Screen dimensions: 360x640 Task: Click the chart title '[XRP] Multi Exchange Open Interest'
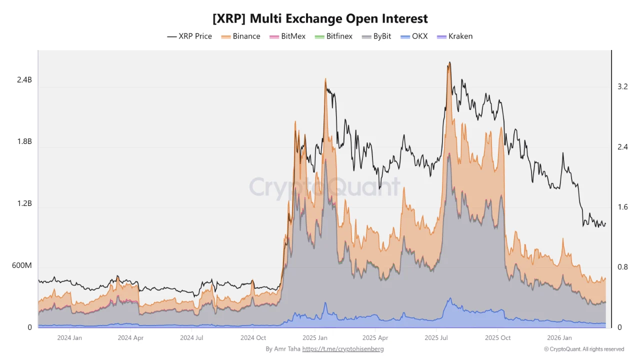click(320, 18)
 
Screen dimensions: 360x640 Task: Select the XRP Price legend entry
click(189, 36)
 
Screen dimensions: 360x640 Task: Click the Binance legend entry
click(240, 36)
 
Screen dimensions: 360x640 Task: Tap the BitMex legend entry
click(287, 36)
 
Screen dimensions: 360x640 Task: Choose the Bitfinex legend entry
click(333, 36)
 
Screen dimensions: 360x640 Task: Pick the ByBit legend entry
click(376, 36)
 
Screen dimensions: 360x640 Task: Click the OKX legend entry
click(414, 36)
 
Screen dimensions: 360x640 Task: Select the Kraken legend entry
click(454, 36)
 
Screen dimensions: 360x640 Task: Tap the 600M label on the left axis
click(22, 265)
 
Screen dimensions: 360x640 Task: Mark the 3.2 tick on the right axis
click(622, 86)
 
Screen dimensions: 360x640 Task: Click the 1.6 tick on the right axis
click(622, 207)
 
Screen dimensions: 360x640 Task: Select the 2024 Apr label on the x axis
click(130, 337)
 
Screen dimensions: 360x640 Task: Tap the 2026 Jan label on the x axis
click(559, 337)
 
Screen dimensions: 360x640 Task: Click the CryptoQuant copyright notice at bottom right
click(584, 349)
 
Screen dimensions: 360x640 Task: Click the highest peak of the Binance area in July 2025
click(449, 62)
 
